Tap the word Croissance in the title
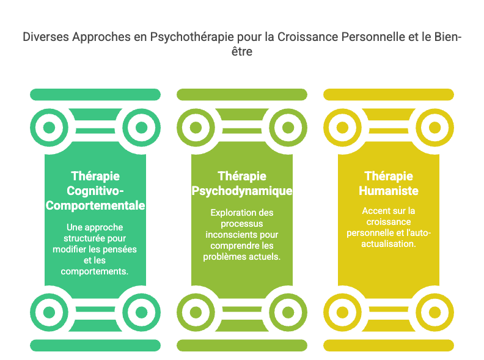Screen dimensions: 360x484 (x=306, y=37)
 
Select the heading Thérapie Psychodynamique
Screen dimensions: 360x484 (x=242, y=183)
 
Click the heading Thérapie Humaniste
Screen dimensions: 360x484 (x=389, y=183)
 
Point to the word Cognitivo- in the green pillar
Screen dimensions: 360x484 (x=95, y=191)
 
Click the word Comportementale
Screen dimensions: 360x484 (x=95, y=206)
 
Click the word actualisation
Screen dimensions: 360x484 (x=389, y=243)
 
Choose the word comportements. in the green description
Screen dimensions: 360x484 (x=95, y=271)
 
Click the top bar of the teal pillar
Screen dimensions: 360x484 (x=95, y=94)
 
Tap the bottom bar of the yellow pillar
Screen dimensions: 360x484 (x=389, y=345)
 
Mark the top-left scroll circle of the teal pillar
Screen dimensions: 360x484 (x=49, y=128)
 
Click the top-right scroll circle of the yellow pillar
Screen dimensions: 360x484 (x=435, y=128)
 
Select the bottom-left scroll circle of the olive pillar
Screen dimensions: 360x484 (x=196, y=312)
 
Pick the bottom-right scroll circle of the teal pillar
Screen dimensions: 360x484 (x=141, y=312)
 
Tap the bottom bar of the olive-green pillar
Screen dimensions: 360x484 (x=242, y=345)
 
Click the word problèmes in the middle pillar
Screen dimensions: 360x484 (x=222, y=257)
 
